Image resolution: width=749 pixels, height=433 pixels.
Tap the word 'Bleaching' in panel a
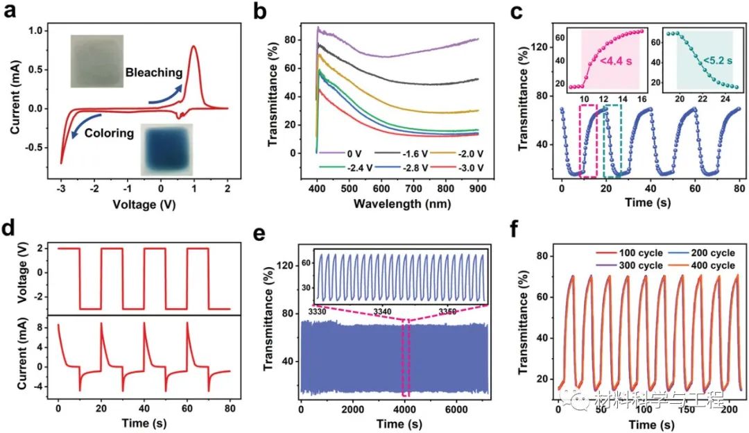pyautogui.click(x=154, y=72)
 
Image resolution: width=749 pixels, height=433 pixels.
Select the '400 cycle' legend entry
pyautogui.click(x=712, y=267)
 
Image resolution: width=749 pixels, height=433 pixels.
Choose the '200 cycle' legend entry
pyautogui.click(x=712, y=253)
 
